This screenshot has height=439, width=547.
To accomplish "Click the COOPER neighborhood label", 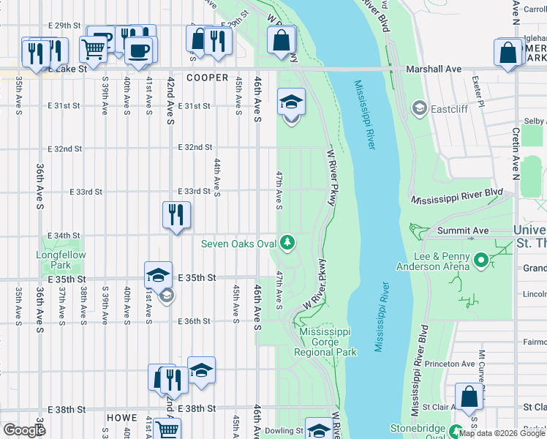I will click(208, 78).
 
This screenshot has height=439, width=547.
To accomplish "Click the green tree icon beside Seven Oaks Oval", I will click(288, 241).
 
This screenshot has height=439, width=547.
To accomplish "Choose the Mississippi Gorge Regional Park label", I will click(326, 342).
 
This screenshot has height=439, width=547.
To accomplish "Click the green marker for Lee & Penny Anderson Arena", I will click(480, 260).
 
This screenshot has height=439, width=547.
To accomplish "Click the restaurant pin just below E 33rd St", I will click(176, 214).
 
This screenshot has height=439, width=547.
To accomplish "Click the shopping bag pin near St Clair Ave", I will click(469, 397).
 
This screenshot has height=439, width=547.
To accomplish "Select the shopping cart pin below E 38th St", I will click(167, 430).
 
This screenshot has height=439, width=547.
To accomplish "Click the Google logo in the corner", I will click(24, 430).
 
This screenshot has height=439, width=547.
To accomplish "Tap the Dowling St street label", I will click(284, 431).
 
